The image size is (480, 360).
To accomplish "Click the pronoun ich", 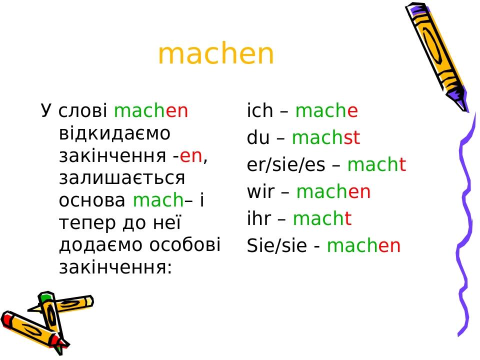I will pos(260,111).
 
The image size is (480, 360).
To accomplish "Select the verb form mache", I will pos(326,111).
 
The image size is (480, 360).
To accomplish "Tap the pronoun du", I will pos(258,138).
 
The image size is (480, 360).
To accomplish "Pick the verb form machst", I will pos(325,138).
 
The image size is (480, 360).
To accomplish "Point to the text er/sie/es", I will pos(286,165).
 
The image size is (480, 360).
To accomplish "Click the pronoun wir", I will pos(259,192).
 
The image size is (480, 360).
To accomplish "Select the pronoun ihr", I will pos(258,219).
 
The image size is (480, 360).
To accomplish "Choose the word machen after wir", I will pos(333,192).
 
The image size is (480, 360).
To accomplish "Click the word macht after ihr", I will pos(322,219).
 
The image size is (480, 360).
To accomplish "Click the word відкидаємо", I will pos(115,133).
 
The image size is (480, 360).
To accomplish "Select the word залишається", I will pos(122,178).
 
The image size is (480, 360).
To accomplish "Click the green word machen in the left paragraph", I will pos(151,111).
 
